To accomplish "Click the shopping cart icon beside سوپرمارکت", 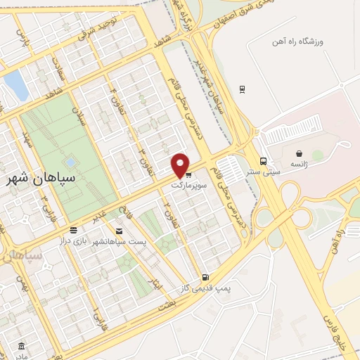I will [x=188, y=175].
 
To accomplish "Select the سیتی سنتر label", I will [x=268, y=171].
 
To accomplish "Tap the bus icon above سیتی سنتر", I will [x=263, y=160].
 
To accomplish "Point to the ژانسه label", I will [x=300, y=162].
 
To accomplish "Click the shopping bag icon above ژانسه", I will [x=300, y=153].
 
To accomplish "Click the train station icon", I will [x=242, y=89].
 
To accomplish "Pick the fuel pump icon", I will [x=205, y=277].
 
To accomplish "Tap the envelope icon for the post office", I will [x=118, y=231].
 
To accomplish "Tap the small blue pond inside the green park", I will [x=72, y=162].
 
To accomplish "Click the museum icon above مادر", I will [x=22, y=346].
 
